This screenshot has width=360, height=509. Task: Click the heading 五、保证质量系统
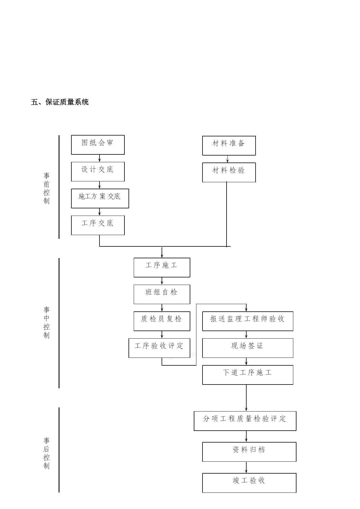pos(60,102)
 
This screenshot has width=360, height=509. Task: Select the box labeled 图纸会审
pos(98,145)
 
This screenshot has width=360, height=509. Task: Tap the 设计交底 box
pos(98,172)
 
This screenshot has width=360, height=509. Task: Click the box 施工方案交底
pos(100,198)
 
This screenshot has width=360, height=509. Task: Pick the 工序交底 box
pos(98,225)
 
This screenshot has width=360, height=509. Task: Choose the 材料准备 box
pos(229,146)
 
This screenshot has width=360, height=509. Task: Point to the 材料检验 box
pos(229,172)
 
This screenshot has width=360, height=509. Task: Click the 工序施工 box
pos(162,268)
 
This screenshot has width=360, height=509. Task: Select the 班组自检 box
pos(162,294)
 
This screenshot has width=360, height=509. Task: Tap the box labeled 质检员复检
pos(162,321)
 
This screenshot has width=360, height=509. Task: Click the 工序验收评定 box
pos(160,348)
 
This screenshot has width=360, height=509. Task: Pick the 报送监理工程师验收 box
pos(248,321)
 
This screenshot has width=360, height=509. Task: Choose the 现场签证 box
pos(248,348)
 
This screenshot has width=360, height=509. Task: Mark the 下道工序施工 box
pos(248,375)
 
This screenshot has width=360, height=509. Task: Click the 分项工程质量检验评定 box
pos(245,421)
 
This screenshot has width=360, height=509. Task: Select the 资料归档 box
pos(249,452)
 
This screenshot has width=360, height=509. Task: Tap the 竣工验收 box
pos(249,483)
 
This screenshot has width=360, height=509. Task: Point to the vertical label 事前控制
pos(46,188)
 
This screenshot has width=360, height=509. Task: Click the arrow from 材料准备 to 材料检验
pos(227,159)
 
